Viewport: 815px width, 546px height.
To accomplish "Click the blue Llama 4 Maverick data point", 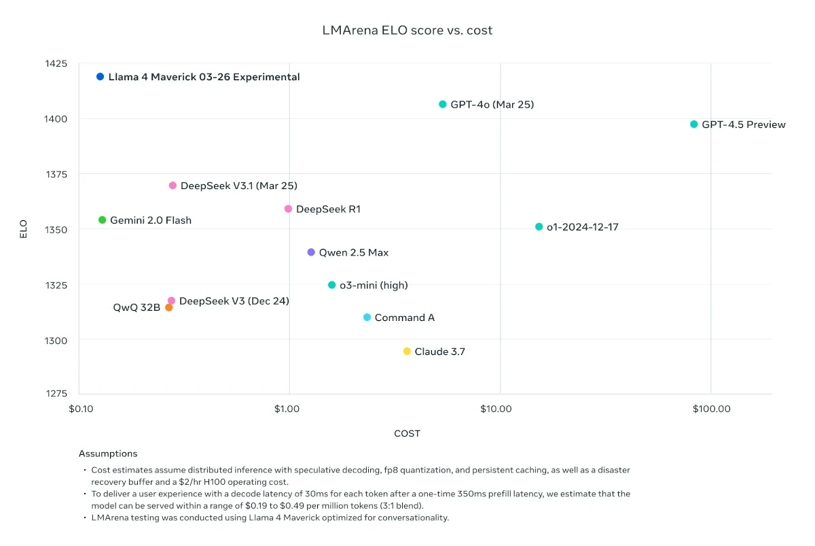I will pos(100,77).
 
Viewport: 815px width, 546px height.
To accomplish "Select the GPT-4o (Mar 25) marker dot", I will pos(443,105).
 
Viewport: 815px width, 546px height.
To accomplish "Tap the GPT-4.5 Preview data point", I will pos(694,124).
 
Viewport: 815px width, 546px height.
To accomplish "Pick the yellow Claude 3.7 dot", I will pos(407,352).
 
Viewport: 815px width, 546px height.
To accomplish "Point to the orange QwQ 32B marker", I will pos(169,307).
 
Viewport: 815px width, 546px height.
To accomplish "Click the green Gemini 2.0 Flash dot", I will pos(102,220).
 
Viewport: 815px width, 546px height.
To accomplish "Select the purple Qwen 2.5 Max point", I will pos(311,252).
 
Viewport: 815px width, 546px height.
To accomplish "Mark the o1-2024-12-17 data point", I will pos(539,227).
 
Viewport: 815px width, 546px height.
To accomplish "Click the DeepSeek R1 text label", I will pos(328,209).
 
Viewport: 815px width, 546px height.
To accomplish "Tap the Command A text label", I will pos(404,318).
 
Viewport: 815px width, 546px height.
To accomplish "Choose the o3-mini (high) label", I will pos(374,286).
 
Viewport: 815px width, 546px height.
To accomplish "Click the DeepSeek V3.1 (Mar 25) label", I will pos(238,186).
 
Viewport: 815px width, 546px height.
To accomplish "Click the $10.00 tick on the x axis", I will pos(496,409).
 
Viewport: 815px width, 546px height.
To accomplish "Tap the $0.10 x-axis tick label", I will pos(80,409).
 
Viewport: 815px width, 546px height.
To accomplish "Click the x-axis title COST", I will pos(407,434).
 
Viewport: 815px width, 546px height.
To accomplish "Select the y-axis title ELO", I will pos(24,229).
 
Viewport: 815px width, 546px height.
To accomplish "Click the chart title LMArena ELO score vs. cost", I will pos(407,31).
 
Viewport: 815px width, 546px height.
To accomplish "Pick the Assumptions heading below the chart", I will pos(108,454).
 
